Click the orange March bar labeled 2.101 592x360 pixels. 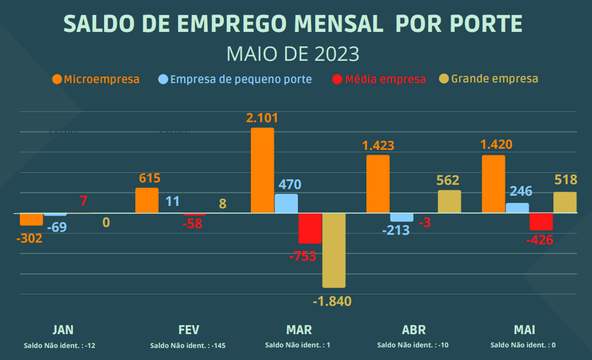pyautogui.click(x=262, y=170)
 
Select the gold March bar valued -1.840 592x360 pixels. pyautogui.click(x=334, y=250)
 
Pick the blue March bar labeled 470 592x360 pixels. pyautogui.click(x=286, y=203)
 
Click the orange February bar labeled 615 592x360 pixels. pyautogui.click(x=147, y=200)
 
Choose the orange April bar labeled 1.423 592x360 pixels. pyautogui.click(x=378, y=184)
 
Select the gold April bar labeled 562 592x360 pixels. pyautogui.click(x=449, y=202)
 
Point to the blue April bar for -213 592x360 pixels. pyautogui.click(x=402, y=217)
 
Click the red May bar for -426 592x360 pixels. pyautogui.click(x=541, y=221)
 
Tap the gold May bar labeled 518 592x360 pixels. pyautogui.click(x=565, y=202)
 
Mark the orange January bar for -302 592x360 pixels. pyautogui.click(x=31, y=219)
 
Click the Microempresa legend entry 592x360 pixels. pyautogui.click(x=96, y=79)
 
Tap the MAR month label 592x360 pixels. pyautogui.click(x=299, y=329)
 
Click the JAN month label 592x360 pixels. pyautogui.click(x=63, y=329)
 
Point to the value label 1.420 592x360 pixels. pyautogui.click(x=496, y=144)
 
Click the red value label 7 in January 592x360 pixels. pyautogui.click(x=83, y=201)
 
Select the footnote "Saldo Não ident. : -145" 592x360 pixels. pyautogui.click(x=188, y=346)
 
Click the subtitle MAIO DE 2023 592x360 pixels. pyautogui.click(x=293, y=54)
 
